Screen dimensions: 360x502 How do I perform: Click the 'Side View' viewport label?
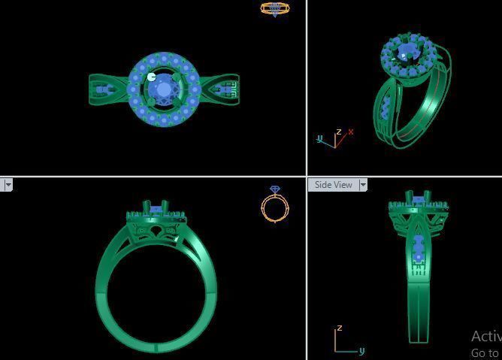coord(333,185)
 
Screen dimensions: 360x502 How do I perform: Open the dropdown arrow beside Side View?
coord(363,185)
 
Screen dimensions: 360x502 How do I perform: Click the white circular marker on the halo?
coord(153,76)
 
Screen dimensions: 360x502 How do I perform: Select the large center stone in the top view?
coord(163,89)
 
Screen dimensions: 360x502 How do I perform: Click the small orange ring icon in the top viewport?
coord(275,8)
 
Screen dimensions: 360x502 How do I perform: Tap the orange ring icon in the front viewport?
coord(274,208)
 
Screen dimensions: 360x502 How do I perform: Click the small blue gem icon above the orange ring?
coord(275,190)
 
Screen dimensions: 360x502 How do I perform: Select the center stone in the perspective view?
coord(407,52)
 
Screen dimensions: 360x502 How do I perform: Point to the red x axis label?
coord(351,132)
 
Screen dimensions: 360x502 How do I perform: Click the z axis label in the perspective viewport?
coord(339,132)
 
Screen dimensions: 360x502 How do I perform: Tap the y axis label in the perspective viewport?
coord(319,138)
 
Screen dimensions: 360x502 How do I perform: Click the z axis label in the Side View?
coord(340,328)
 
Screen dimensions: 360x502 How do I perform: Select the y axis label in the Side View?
coord(361,350)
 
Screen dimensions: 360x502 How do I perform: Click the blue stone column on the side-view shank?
coord(419,249)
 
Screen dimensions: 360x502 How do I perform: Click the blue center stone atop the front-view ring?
coord(158,209)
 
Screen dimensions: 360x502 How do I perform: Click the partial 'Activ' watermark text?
coord(485,336)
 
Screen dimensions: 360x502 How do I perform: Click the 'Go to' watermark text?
coord(485,352)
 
